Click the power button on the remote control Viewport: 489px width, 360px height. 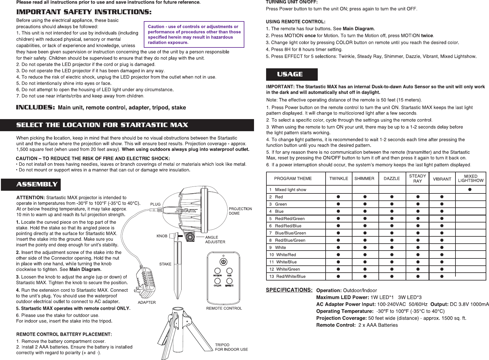tap(223, 262)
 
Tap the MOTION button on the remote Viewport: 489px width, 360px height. tap(217, 271)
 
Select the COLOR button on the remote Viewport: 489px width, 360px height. tap(217, 281)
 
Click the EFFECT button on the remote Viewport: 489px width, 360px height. tap(229, 281)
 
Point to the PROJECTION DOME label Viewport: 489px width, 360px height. tap(240, 211)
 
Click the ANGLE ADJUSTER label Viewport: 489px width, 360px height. tap(215, 240)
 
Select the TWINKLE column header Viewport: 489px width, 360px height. tap(339, 179)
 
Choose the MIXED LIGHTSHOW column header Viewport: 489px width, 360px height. tap(471, 178)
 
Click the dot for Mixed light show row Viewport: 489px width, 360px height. tap(470, 190)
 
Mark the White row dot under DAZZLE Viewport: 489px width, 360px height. tap(392, 248)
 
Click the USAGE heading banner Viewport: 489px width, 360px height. tap(291, 74)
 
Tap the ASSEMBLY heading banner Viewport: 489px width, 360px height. tap(31, 184)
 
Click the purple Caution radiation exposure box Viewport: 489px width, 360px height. tap(194, 34)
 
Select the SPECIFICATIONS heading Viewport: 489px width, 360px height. tap(289, 290)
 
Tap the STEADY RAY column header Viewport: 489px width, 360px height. tap(417, 178)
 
